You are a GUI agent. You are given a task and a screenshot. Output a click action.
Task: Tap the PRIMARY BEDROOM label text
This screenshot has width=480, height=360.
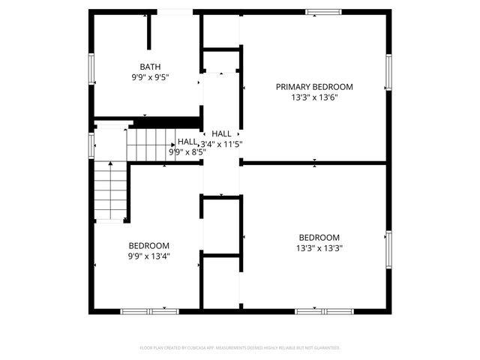click(313, 87)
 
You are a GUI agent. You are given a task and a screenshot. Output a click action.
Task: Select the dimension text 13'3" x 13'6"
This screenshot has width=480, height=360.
click(313, 97)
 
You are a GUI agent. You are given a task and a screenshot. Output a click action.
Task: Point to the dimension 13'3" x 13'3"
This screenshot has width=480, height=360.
click(319, 247)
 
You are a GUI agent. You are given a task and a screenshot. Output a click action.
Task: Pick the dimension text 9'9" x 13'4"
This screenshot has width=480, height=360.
click(148, 256)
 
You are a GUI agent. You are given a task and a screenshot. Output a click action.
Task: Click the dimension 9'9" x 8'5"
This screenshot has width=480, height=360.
click(187, 151)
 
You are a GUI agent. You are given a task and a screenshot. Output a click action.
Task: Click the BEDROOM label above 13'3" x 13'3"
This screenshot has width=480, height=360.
click(319, 237)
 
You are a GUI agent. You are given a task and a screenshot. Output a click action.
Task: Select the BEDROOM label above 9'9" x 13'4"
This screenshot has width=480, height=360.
click(148, 245)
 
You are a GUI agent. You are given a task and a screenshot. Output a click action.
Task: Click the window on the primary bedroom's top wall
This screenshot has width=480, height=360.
click(323, 11)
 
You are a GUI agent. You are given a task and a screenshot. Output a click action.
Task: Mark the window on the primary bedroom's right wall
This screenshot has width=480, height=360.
click(388, 72)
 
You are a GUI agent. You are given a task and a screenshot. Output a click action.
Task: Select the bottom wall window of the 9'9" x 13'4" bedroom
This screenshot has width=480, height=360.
click(148, 310)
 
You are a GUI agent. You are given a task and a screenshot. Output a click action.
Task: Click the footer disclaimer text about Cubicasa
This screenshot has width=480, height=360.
click(240, 348)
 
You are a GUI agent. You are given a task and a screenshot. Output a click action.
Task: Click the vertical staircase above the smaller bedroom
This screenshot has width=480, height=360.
click(110, 190)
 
